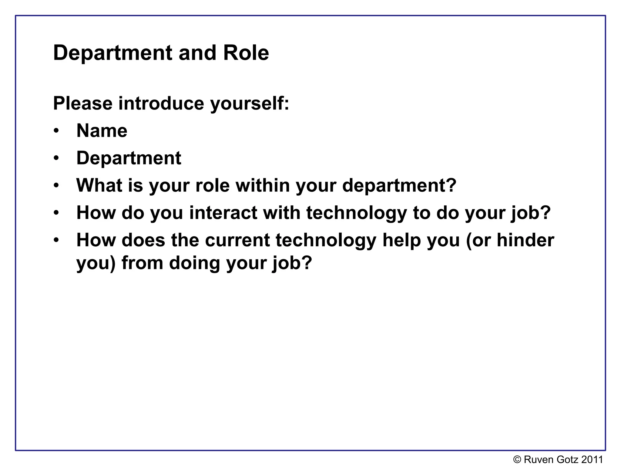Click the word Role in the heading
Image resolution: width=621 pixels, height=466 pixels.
tap(246, 53)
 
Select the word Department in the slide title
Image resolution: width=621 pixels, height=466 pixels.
tap(113, 53)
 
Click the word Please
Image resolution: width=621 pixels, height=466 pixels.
tap(83, 103)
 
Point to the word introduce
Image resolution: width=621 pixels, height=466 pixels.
tap(161, 103)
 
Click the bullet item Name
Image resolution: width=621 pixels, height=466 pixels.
tap(102, 131)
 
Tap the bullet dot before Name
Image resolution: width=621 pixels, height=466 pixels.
tap(56, 131)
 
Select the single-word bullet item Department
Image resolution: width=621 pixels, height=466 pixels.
tap(129, 158)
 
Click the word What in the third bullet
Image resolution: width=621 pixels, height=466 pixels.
tap(99, 185)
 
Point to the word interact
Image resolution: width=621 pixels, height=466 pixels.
tap(223, 212)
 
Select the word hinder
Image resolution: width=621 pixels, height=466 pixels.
tap(525, 240)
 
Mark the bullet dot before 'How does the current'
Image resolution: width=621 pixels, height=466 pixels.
tap(56, 240)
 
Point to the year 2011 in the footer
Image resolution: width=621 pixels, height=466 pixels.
tap(592, 460)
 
